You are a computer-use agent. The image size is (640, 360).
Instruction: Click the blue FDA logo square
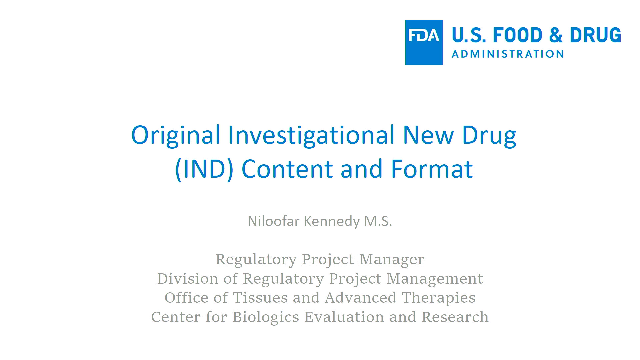coord(424,42)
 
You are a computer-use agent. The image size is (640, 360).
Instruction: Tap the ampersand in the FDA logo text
coord(556,35)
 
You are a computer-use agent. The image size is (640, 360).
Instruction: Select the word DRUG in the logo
coord(595,35)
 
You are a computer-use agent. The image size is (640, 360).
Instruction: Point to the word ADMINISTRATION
coord(508,54)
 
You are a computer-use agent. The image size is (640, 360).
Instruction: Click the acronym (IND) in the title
coord(204,169)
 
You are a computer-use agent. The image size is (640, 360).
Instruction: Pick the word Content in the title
coord(287,169)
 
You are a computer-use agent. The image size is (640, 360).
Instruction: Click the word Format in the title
coord(432,169)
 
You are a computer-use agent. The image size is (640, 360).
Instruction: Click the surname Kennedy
coord(332,221)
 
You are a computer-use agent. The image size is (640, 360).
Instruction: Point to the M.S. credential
coord(378,221)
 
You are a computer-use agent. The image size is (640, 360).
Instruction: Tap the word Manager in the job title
coord(392,259)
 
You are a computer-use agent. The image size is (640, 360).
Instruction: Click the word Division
coord(187,279)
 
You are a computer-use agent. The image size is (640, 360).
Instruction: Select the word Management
coord(435,279)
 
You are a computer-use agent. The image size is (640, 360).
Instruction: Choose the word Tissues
coord(260,298)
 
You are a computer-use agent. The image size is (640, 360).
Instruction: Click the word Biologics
coord(266,317)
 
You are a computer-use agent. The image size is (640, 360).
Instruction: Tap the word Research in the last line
coord(455,317)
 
